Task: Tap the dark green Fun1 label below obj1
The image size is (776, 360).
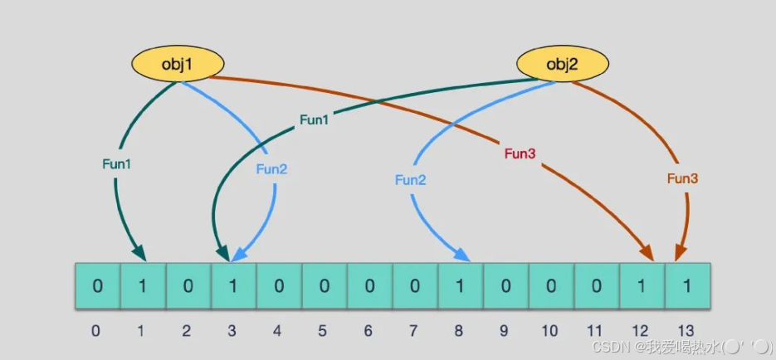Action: click(117, 164)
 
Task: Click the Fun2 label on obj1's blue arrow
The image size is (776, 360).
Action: click(271, 169)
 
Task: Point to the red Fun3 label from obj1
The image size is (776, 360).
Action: click(520, 154)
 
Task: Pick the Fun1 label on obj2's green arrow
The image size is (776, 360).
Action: click(314, 120)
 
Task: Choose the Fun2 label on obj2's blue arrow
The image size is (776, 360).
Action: click(410, 179)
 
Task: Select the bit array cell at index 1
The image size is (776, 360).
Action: click(143, 287)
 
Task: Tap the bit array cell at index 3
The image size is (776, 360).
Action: click(233, 287)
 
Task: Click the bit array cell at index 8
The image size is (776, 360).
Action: click(460, 287)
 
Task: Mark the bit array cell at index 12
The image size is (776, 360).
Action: click(642, 287)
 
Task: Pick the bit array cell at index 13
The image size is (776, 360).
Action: click(686, 287)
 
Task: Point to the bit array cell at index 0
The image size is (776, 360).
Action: click(98, 287)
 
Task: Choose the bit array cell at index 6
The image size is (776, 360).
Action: click(369, 287)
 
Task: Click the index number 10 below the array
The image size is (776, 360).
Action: click(549, 331)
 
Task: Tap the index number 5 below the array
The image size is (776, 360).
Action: click(323, 331)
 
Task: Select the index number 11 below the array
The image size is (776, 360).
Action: click(594, 331)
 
